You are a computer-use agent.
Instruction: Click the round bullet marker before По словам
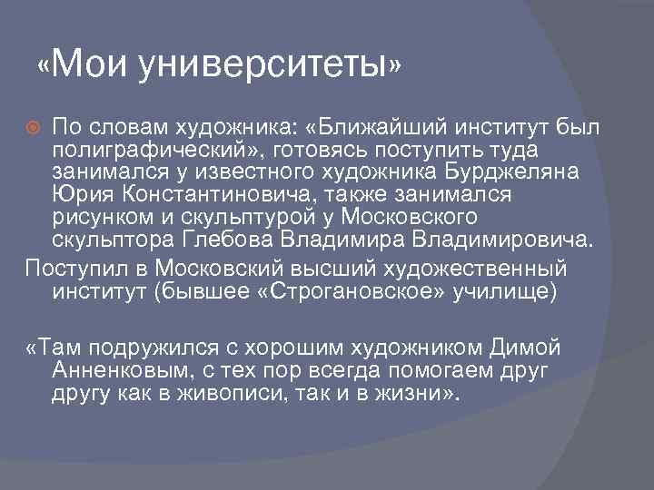click(35, 123)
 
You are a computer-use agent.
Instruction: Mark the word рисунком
click(101, 219)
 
